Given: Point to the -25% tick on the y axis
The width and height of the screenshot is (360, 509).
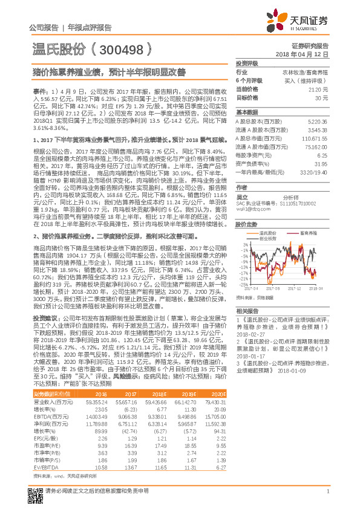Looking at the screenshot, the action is (242, 284).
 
